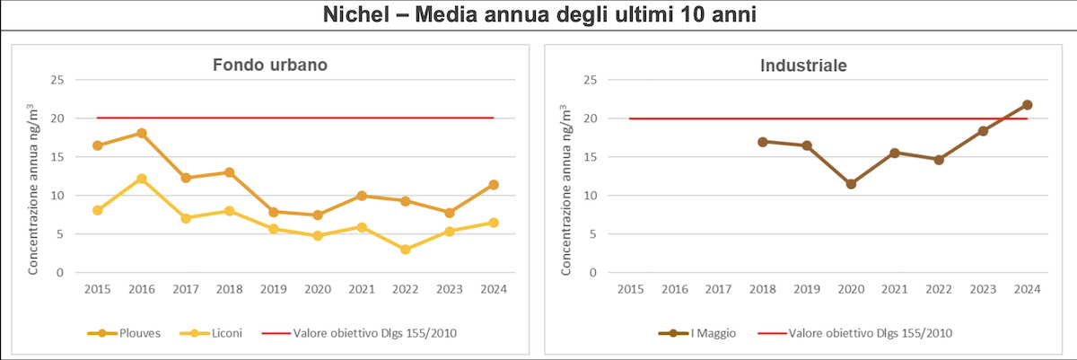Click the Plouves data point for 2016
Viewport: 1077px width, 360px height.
(141, 133)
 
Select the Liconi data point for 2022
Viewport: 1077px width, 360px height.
(406, 250)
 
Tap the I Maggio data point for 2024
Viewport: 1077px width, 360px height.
(1027, 105)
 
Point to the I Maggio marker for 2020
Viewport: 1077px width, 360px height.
(851, 184)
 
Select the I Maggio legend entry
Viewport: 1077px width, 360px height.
(702, 333)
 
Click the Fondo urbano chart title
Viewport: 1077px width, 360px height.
(269, 65)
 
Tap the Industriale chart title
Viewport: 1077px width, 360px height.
(803, 65)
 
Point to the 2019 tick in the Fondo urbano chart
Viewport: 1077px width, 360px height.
(273, 289)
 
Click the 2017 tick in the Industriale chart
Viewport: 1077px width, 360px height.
(719, 289)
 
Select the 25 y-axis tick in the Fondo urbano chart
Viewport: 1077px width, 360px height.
(57, 80)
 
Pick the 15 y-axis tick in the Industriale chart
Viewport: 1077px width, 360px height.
(591, 157)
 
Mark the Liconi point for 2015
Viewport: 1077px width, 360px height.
(97, 210)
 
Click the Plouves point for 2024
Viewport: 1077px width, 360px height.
(494, 185)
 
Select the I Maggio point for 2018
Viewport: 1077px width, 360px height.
(763, 142)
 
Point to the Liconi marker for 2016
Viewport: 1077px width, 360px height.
(141, 179)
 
